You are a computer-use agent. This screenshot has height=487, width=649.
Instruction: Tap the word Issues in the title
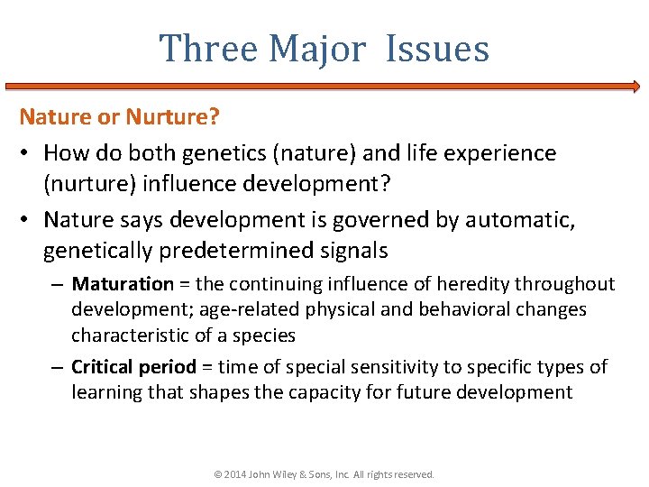tap(437, 48)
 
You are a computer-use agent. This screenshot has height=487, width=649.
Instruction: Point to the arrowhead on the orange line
tap(635, 87)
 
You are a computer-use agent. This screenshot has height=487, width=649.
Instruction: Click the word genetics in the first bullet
tap(218, 153)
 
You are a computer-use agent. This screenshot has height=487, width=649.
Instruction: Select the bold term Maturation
tap(123, 284)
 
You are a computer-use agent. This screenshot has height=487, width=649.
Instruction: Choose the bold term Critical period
tap(133, 367)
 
